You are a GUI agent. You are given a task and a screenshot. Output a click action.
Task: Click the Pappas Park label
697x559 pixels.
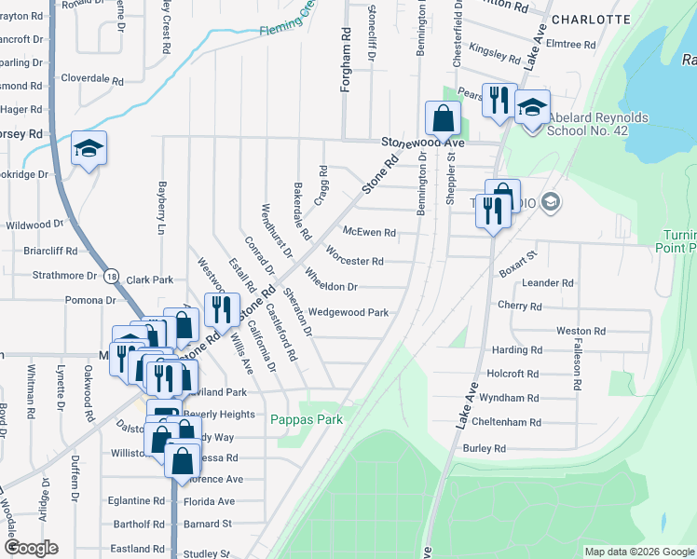pos(307,419)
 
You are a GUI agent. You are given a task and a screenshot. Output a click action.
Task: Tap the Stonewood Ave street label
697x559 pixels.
pos(422,143)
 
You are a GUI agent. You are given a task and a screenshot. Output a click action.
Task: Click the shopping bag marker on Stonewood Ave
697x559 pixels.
pos(442,118)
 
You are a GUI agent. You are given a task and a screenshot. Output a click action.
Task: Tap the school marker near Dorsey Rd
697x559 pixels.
pos(89,149)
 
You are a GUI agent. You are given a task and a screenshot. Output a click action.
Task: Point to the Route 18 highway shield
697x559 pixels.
pos(112,278)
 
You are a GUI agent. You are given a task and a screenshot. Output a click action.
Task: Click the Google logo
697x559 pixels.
pos(30,548)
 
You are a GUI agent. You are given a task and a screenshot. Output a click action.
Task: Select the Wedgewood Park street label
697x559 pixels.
pos(348,313)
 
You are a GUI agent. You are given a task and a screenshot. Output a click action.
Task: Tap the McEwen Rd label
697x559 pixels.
pos(369,232)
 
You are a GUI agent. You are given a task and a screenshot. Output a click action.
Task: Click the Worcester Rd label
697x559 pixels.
pos(355,261)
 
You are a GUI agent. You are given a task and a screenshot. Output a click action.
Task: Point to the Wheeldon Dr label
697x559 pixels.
pos(332,287)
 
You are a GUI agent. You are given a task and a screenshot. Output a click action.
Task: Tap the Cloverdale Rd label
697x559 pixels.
pos(92,80)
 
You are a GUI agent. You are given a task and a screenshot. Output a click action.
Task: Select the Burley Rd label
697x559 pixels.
pos(485,448)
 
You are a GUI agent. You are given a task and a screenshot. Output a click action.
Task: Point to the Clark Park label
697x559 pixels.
pos(150,279)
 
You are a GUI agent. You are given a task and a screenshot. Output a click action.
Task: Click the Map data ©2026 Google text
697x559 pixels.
pos(638,552)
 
